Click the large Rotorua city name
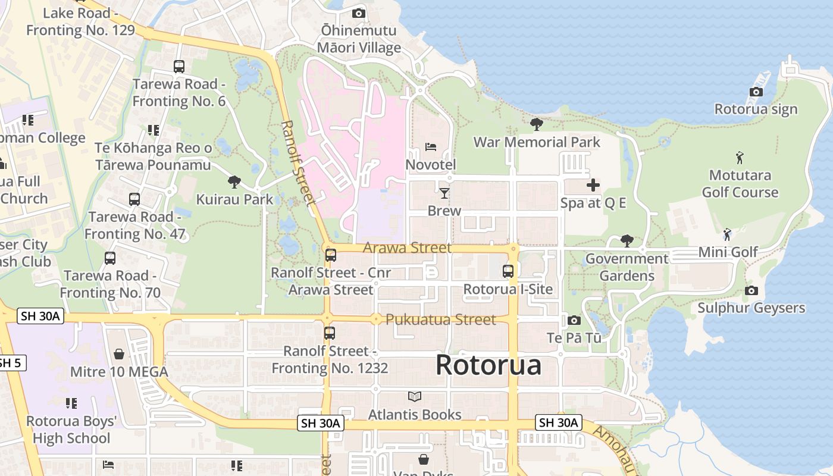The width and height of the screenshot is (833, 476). click(x=488, y=365)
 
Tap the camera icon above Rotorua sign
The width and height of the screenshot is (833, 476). click(x=756, y=92)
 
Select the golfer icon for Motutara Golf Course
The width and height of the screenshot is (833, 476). click(x=740, y=158)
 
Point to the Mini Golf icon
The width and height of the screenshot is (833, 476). click(x=726, y=234)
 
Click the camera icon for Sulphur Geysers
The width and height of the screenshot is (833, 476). click(x=751, y=290)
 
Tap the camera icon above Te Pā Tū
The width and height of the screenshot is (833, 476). click(x=574, y=320)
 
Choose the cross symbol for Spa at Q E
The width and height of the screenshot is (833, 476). click(x=593, y=185)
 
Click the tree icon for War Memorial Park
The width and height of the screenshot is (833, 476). click(x=536, y=124)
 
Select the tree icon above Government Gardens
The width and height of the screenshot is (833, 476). click(x=626, y=240)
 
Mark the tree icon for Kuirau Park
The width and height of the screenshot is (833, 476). click(x=234, y=181)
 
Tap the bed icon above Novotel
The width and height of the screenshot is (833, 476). click(x=430, y=146)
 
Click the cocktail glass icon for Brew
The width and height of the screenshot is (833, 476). click(x=444, y=193)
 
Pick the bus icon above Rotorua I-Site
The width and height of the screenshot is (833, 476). click(x=508, y=271)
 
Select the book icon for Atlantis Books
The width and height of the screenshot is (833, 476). click(x=415, y=396)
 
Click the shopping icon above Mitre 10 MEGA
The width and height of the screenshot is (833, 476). click(x=119, y=354)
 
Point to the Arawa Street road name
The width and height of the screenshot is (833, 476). click(x=407, y=248)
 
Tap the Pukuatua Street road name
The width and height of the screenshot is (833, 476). click(x=440, y=320)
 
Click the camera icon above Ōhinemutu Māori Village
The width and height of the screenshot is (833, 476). click(x=358, y=13)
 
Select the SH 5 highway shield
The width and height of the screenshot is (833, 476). click(x=11, y=362)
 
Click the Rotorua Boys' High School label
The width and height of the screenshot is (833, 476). click(x=71, y=430)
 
